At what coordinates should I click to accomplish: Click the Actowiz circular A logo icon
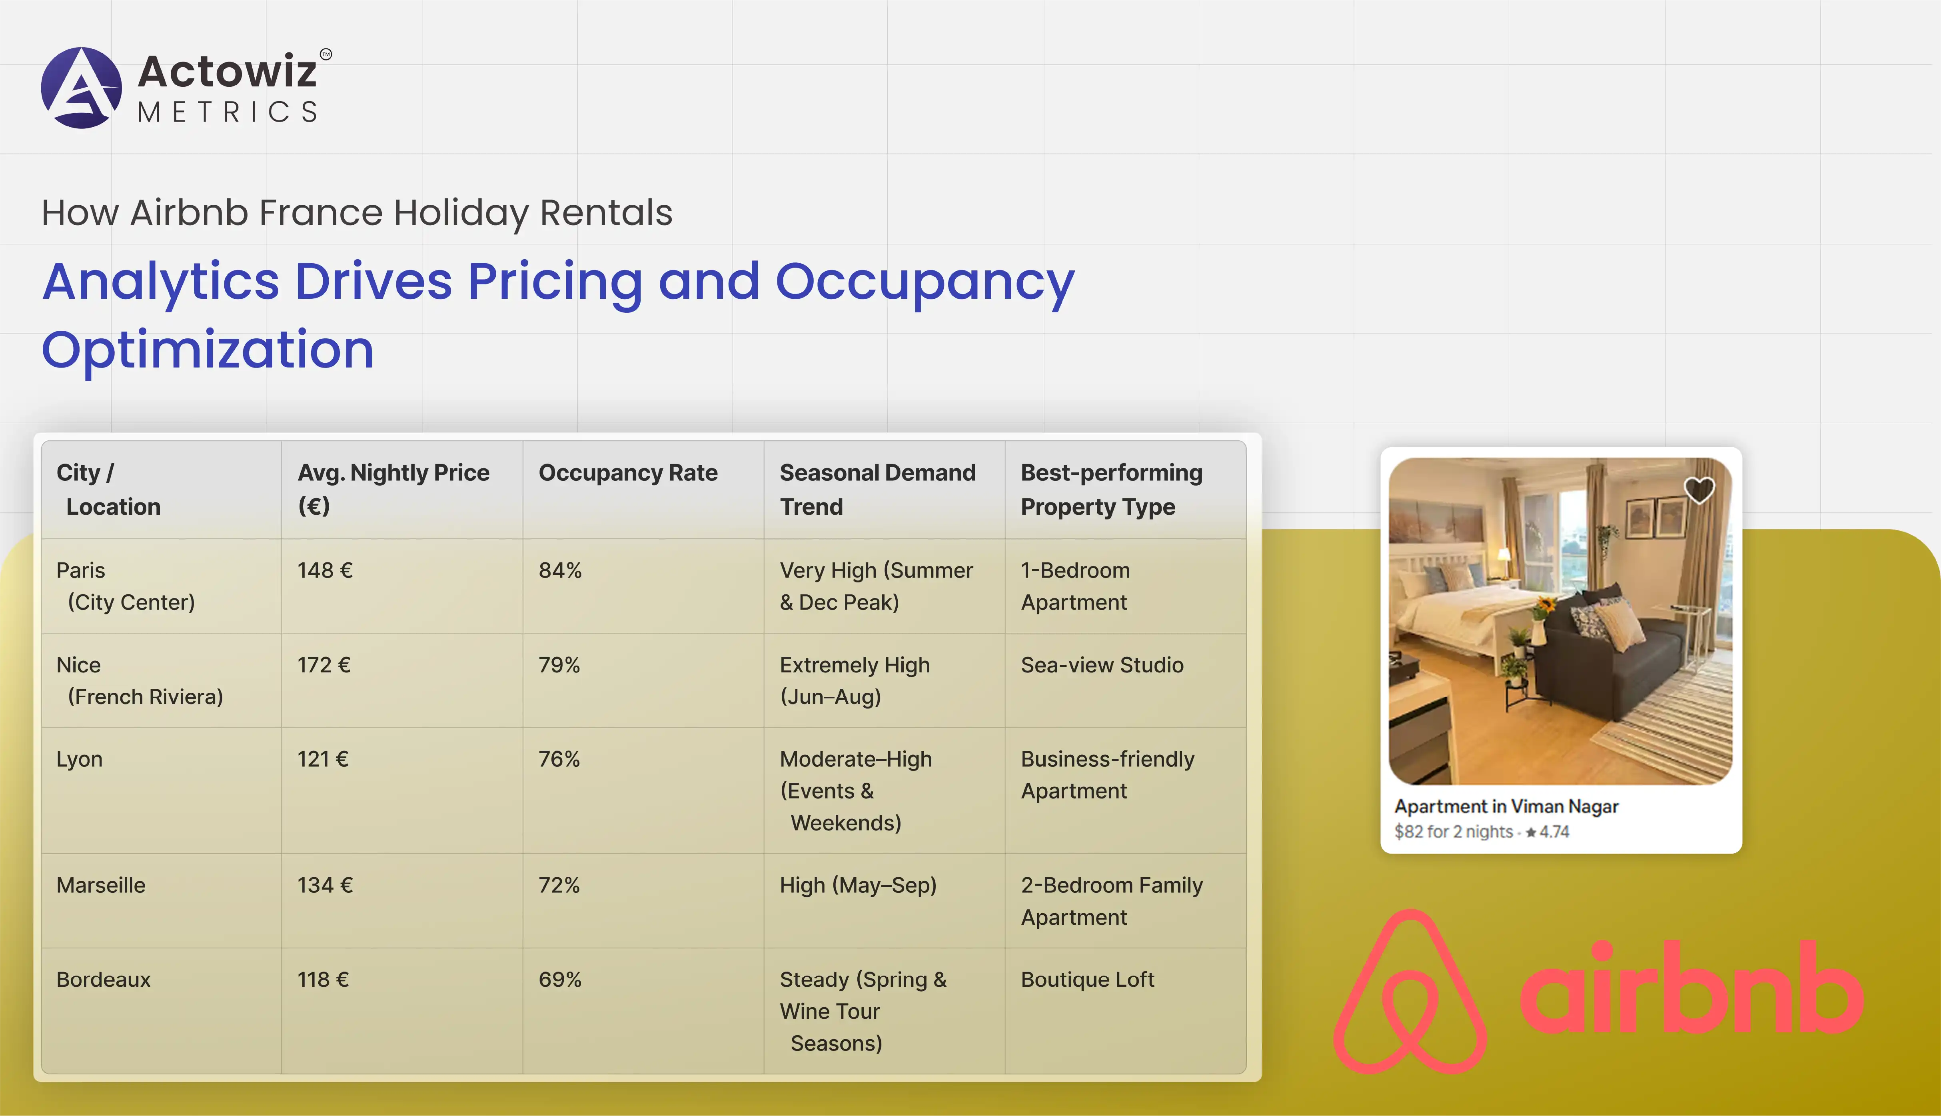[x=81, y=87]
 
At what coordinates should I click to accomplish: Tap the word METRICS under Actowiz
[x=228, y=112]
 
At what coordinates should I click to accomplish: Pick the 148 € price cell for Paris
[x=325, y=570]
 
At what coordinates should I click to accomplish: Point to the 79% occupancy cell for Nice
[x=559, y=664]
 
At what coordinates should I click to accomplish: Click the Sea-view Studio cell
[x=1102, y=664]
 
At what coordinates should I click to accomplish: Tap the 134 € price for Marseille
[x=325, y=885]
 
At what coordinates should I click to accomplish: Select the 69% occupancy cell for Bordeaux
[x=560, y=980]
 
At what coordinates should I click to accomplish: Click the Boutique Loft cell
[x=1087, y=980]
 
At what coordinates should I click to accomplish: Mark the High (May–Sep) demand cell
[x=858, y=885]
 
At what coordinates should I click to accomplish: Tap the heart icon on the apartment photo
[x=1698, y=490]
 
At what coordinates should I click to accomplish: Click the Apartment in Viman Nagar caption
[x=1506, y=806]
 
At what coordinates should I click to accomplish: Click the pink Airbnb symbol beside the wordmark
[x=1410, y=991]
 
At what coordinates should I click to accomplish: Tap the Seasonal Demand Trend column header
[x=877, y=489]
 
